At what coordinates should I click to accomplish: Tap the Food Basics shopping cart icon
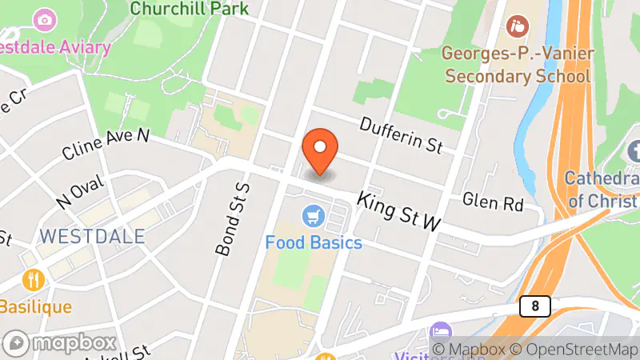tap(313, 216)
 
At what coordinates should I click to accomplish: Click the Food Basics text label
tap(314, 242)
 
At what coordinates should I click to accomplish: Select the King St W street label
tap(398, 211)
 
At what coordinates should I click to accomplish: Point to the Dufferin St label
tap(401, 135)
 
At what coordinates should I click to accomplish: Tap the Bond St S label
tap(231, 218)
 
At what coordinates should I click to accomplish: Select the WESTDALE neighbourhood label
tap(92, 237)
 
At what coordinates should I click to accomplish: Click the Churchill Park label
tap(189, 9)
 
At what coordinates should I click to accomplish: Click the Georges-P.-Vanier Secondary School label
tap(518, 65)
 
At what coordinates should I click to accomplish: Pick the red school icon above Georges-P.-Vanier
tap(518, 26)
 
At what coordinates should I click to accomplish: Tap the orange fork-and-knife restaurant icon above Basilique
tap(34, 279)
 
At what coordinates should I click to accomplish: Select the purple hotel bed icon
tap(439, 331)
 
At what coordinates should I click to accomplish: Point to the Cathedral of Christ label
tap(602, 189)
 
